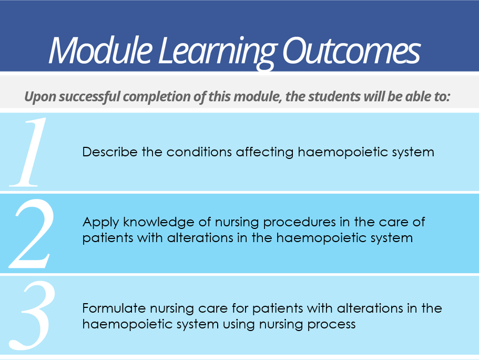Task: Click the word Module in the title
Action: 100,50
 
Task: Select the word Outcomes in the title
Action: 351,51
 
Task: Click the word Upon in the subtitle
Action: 40,97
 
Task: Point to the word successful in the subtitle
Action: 89,97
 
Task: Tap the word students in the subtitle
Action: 334,96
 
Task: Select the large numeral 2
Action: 32,233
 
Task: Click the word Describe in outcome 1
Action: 110,152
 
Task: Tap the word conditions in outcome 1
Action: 199,152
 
